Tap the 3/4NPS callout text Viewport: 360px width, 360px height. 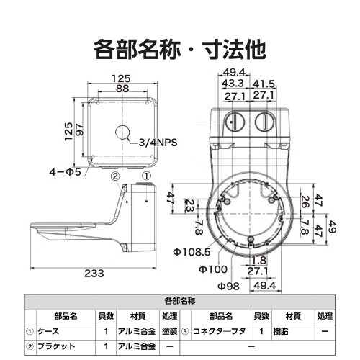tap(158, 143)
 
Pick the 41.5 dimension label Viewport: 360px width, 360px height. tap(264, 84)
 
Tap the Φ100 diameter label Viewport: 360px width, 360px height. tap(213, 269)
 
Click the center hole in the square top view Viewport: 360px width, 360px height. tap(123, 132)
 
